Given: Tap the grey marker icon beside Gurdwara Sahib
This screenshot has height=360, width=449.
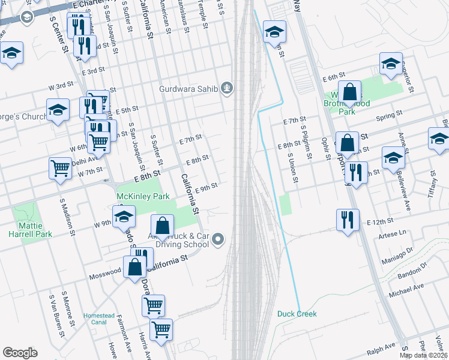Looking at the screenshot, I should [227, 89].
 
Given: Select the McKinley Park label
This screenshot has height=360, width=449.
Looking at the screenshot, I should [143, 196].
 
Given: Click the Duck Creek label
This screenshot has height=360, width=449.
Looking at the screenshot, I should [297, 314].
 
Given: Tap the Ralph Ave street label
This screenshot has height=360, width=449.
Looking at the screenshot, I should [381, 347].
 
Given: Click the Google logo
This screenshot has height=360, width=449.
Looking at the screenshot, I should [20, 353].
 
